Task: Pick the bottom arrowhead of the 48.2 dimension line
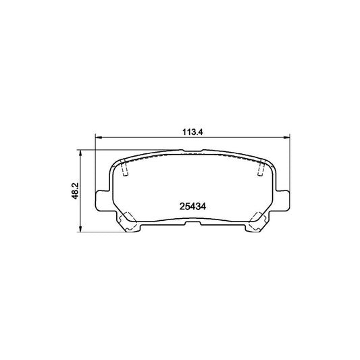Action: coord(82,230)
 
